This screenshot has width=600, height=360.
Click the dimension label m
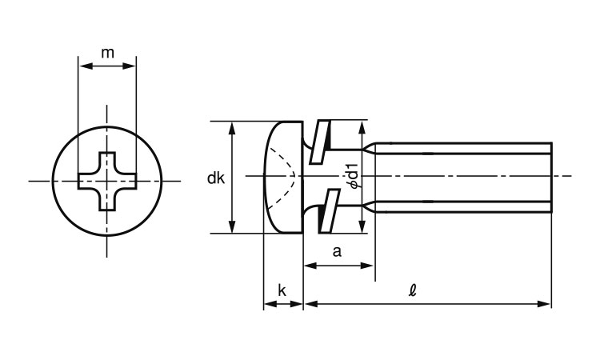(107, 54)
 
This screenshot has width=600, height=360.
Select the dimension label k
(282, 290)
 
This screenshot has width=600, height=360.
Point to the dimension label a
(338, 251)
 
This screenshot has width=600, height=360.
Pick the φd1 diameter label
(354, 177)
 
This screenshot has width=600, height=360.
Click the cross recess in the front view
(106, 180)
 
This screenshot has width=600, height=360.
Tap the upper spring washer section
(323, 138)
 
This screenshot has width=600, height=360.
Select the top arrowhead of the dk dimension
(233, 126)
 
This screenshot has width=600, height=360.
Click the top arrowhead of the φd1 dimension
(363, 126)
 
